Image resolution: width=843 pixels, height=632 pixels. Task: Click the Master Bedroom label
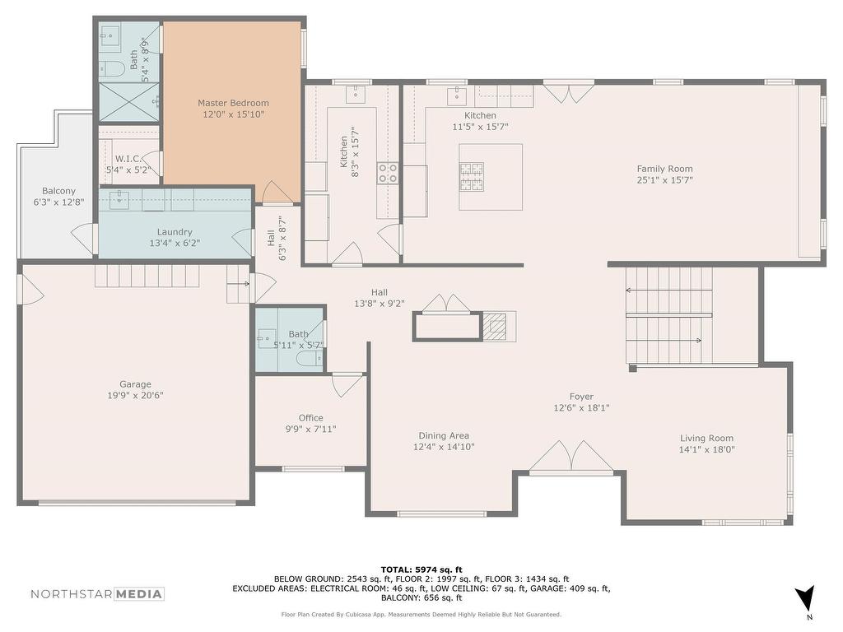click(x=233, y=103)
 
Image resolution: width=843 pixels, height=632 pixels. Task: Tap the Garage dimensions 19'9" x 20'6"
click(x=135, y=395)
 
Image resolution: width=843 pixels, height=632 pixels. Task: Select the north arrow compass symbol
click(x=805, y=598)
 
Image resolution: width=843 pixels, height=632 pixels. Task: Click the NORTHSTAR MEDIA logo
click(x=97, y=594)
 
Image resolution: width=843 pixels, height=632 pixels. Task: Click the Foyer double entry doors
click(x=571, y=457)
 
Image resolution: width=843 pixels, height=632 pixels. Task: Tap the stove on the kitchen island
click(x=472, y=176)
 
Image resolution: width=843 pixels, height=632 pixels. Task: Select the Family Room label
click(x=664, y=169)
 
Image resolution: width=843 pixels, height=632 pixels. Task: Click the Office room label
click(x=310, y=418)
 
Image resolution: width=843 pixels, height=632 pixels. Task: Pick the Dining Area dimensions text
click(x=444, y=447)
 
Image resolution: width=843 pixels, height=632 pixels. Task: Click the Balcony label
click(x=58, y=191)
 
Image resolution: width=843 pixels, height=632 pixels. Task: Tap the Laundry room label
click(x=175, y=232)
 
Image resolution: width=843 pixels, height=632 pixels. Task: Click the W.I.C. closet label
click(x=128, y=159)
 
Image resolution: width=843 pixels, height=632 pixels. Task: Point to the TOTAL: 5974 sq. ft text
click(x=421, y=569)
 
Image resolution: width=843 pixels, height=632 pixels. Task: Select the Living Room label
click(x=706, y=439)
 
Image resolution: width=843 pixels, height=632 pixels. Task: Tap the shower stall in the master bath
click(x=128, y=102)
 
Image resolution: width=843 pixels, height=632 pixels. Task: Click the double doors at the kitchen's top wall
click(x=568, y=92)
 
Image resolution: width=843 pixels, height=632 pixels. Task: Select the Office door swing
click(x=346, y=385)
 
